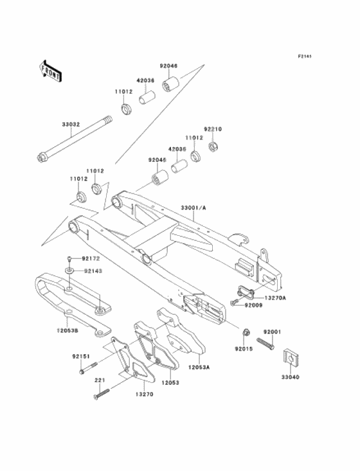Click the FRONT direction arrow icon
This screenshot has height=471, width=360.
(x=51, y=70)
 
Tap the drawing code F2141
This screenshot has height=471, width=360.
(x=305, y=57)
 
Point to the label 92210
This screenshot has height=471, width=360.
(x=213, y=129)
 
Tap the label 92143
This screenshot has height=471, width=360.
(x=93, y=271)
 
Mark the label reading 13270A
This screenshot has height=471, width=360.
(x=275, y=298)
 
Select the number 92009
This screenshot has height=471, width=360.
(x=253, y=307)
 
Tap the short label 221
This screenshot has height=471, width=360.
(x=99, y=381)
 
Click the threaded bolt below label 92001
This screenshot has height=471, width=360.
(x=267, y=342)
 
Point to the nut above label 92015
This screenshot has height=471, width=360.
(x=246, y=333)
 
